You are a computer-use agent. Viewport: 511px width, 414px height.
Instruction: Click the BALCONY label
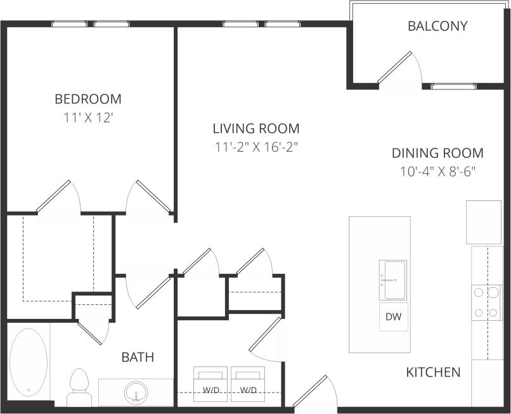point(437,27)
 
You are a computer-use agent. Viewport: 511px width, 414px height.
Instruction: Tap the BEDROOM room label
point(87,99)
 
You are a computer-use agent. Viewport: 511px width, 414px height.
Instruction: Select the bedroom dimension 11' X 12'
point(87,117)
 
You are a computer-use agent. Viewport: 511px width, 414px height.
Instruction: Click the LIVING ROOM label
point(256,129)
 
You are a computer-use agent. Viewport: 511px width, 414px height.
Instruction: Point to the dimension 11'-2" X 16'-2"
point(256,147)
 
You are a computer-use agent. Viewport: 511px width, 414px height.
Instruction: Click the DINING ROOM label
point(437,153)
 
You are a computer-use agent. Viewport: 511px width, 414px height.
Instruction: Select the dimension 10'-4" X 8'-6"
point(437,171)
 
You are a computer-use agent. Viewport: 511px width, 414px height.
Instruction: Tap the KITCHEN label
point(433,372)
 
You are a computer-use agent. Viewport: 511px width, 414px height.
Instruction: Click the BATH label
point(138,357)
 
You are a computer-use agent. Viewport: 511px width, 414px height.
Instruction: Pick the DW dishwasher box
point(393,316)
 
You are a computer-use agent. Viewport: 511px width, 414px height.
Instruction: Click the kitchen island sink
point(393,280)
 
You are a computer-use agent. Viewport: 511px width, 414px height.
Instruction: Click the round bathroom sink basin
point(135,393)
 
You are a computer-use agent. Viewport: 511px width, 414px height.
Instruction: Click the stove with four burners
point(487,302)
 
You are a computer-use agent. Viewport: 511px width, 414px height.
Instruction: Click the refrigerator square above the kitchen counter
point(484,222)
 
